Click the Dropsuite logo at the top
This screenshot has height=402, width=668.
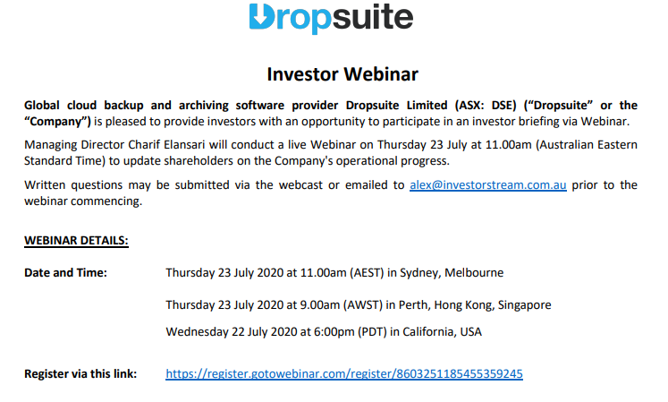click(x=331, y=18)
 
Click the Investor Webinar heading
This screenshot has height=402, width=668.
click(x=342, y=74)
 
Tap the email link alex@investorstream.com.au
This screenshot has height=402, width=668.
click(x=488, y=185)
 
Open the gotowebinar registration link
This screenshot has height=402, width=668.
click(x=344, y=373)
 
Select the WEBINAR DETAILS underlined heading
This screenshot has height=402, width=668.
click(x=76, y=241)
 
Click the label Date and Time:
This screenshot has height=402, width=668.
click(x=65, y=272)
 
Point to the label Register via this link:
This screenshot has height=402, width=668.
click(x=80, y=373)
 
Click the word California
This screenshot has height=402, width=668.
click(x=427, y=331)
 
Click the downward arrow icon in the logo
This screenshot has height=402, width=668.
click(x=259, y=17)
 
